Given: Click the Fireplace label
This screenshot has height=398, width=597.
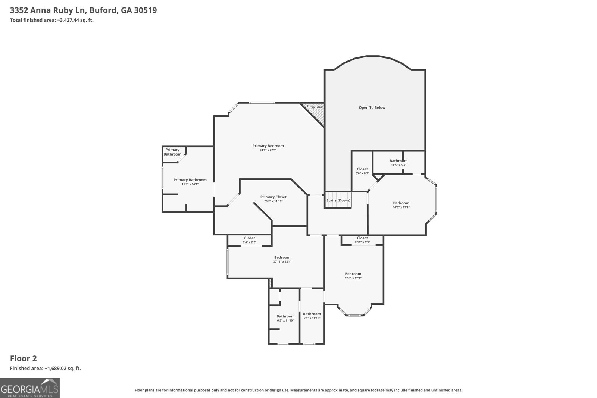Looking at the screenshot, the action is pyautogui.click(x=315, y=107).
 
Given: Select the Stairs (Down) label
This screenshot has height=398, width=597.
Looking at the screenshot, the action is pyautogui.click(x=338, y=200).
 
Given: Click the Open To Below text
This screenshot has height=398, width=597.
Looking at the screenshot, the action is pyautogui.click(x=372, y=108).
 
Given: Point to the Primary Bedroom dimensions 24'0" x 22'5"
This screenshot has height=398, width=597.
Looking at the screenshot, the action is pyautogui.click(x=268, y=150).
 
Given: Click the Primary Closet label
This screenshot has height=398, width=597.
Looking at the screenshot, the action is pyautogui.click(x=273, y=197).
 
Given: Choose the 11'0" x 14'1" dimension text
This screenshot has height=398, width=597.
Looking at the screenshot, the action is pyautogui.click(x=190, y=184).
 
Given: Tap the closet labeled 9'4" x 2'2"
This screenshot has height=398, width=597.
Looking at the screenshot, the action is pyautogui.click(x=250, y=240).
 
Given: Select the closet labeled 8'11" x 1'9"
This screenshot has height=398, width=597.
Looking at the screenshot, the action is pyautogui.click(x=362, y=240).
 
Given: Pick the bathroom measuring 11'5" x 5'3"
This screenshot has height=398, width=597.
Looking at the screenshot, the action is pyautogui.click(x=398, y=163).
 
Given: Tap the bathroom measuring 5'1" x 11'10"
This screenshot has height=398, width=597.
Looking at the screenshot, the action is pyautogui.click(x=312, y=316).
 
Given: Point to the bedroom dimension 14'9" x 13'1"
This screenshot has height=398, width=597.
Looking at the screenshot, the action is pyautogui.click(x=401, y=207).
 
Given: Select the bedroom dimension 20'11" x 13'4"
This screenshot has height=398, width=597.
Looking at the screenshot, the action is pyautogui.click(x=282, y=261).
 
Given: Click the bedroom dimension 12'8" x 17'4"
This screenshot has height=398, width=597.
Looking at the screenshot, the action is pyautogui.click(x=353, y=278).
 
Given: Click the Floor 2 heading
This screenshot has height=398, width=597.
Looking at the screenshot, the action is pyautogui.click(x=24, y=358).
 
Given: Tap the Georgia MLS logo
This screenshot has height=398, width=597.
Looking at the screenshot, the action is pyautogui.click(x=29, y=388).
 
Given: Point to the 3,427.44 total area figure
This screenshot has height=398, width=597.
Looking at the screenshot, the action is pyautogui.click(x=68, y=20).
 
